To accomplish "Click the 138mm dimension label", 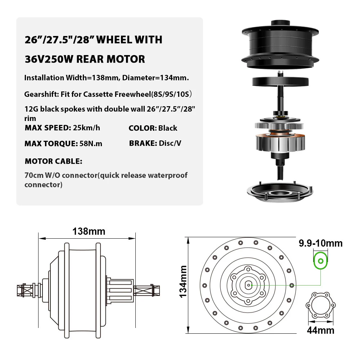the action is coord(89,231).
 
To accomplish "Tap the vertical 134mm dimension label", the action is coord(183,282).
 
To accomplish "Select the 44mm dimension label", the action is coord(320,330).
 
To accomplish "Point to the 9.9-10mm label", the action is coord(320,243).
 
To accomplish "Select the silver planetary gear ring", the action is coord(279,126).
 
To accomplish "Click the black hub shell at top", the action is coord(280,45).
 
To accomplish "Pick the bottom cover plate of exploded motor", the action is coord(280,192).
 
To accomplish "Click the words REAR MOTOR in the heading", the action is coord(111,59).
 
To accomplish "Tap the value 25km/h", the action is coord(86,128).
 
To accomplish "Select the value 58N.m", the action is coord(91,144).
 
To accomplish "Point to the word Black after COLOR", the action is coord(168,128).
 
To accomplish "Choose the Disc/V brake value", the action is coord(170,143).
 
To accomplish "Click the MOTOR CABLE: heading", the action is coord(54,161).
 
